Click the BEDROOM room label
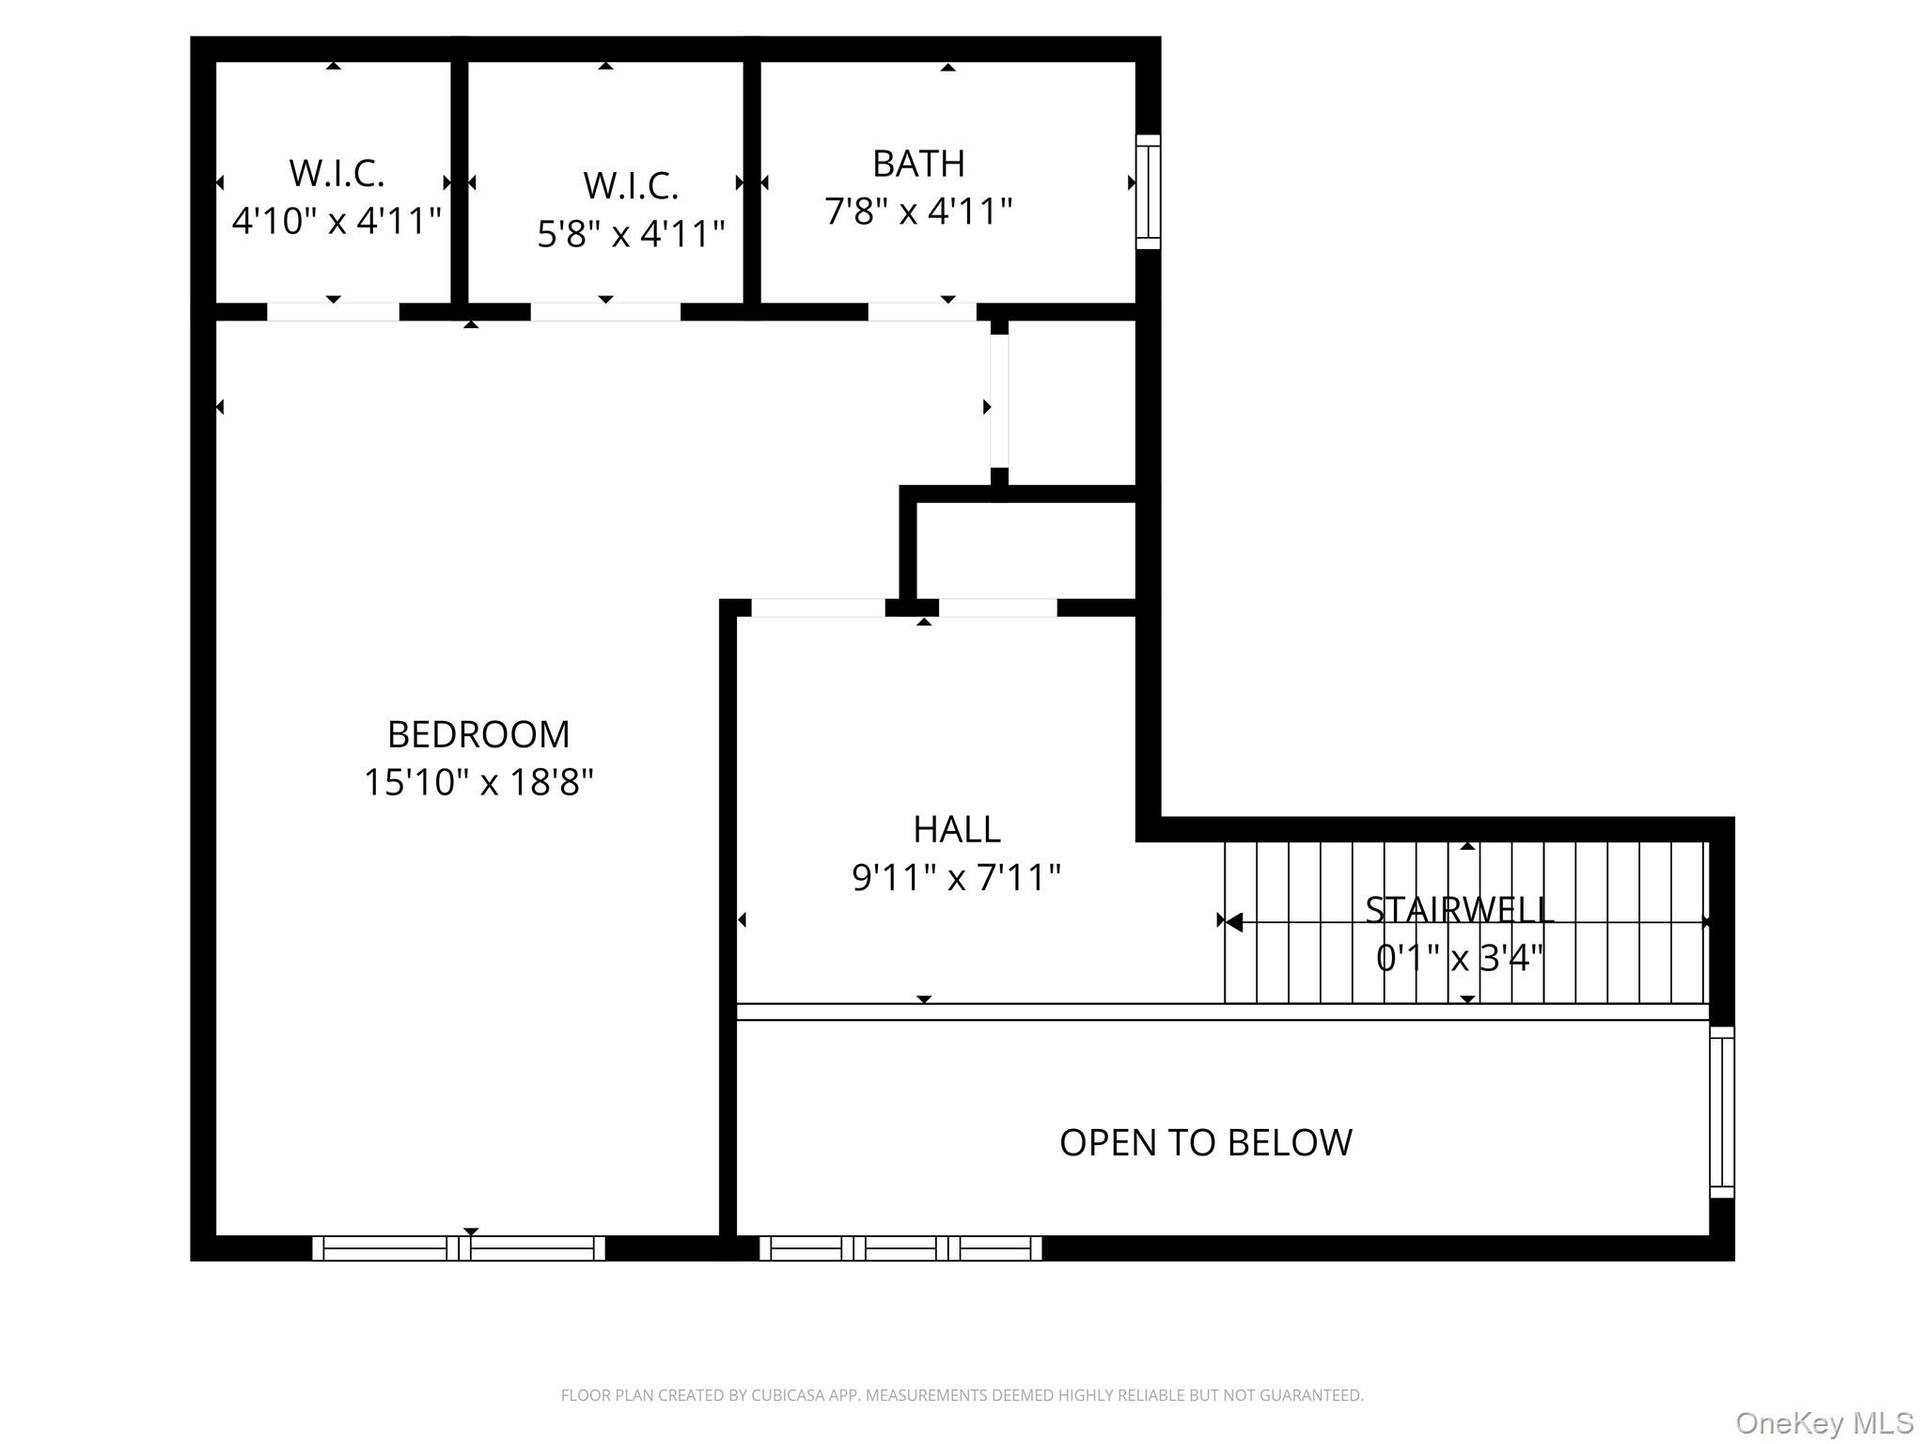tap(478, 734)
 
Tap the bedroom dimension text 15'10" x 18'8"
tap(478, 782)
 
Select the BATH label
tap(918, 164)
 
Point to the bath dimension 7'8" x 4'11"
tap(918, 212)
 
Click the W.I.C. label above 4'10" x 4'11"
tap(336, 173)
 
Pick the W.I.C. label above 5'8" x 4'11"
tap(631, 186)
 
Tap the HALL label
tap(957, 829)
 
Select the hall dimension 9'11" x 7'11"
tap(957, 878)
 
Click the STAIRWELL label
tap(1460, 910)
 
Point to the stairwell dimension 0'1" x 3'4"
tap(1460, 959)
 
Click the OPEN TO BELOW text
tap(1206, 1143)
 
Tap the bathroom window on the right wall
tap(1149, 192)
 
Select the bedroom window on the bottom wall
tap(459, 1248)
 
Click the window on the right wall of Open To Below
tap(1722, 1112)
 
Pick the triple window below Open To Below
tap(900, 1248)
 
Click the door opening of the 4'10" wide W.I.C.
tap(333, 312)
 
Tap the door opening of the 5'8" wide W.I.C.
tap(605, 312)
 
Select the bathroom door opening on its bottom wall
tap(922, 312)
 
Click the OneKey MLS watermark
tap(1824, 1423)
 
